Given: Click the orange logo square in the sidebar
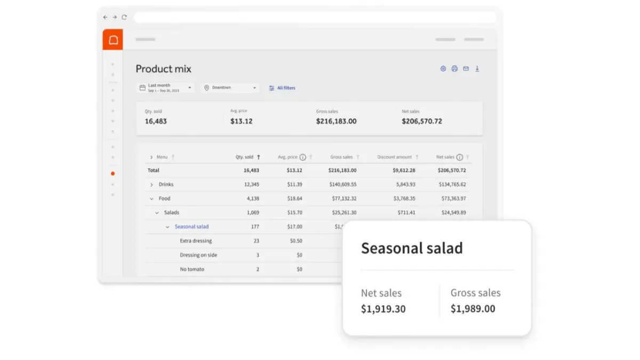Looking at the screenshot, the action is pos(113,39).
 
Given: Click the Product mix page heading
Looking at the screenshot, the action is pos(163,69).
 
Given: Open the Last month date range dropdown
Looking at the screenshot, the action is pos(166,87).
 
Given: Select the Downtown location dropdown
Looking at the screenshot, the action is pos(230,87).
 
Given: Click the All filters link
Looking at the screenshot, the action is pos(282,88).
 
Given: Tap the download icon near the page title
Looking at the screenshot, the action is pos(477,69).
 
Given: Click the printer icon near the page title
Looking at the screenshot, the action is pos(454,69).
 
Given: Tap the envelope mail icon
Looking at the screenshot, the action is pos(466,69).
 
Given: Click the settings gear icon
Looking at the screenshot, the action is pos(443,69).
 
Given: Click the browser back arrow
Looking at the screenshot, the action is pos(106,18).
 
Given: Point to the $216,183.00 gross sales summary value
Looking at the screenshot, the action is pos(337,121).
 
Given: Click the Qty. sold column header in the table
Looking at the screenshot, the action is pos(244,157).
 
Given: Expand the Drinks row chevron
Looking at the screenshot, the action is pos(151,185).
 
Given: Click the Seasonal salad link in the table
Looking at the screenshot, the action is pos(191,227).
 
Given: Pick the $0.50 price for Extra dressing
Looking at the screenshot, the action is pos(296,241).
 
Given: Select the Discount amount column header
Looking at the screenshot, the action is pos(395,157).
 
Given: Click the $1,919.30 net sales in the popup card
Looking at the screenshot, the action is pos(383,309).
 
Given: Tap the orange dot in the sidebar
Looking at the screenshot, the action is pos(113,173).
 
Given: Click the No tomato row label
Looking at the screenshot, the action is pos(192,269).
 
